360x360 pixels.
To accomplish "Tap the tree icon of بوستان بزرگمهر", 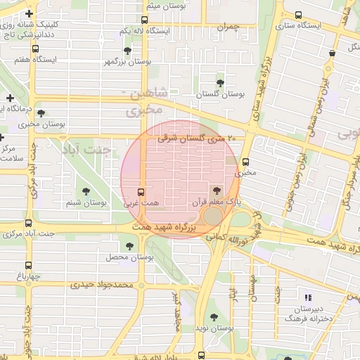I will tap(127, 51).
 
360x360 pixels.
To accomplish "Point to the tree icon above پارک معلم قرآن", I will tap(216, 190).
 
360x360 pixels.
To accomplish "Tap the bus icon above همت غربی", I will tap(141, 191).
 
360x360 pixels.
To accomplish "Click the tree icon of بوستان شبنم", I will tap(86, 191).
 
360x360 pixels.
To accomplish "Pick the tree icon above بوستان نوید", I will tap(214, 317).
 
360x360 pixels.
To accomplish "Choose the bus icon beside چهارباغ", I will tap(28, 265).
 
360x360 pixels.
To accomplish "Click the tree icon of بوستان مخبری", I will tap(41, 112).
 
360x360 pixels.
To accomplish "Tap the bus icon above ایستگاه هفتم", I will tap(36, 49).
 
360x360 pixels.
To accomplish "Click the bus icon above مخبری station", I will tap(245, 161).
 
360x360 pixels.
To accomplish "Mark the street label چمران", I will tap(229, 27).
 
